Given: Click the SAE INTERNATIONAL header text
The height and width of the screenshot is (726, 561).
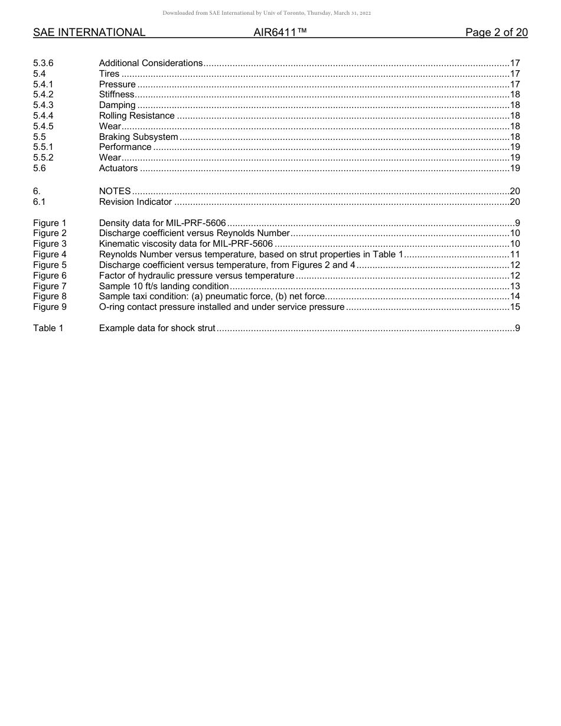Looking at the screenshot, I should click(x=89, y=33).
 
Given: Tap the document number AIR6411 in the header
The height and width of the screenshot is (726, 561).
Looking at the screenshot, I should click(x=280, y=33).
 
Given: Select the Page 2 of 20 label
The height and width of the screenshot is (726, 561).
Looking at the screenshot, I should click(x=496, y=33).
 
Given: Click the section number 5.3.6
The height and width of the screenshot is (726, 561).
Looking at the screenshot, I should click(x=44, y=63).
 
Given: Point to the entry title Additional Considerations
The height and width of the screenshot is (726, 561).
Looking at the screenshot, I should click(x=151, y=63).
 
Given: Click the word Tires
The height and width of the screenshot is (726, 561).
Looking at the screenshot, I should click(x=109, y=74).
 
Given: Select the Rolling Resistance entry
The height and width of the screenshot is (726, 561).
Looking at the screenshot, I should click(x=136, y=116).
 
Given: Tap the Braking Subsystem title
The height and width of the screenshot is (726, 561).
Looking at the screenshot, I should click(x=138, y=137).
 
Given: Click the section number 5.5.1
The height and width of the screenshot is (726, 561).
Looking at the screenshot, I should click(x=43, y=147).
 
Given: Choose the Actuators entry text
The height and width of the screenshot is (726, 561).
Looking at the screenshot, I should click(x=118, y=168).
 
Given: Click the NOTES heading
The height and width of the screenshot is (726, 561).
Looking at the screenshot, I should click(x=115, y=192).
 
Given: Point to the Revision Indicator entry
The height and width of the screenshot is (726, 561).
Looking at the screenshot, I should click(x=135, y=202).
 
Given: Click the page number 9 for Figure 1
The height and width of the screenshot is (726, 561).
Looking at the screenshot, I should click(x=517, y=223).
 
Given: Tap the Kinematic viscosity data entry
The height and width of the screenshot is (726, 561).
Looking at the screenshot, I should click(x=185, y=244).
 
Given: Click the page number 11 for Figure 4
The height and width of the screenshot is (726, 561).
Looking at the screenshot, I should click(x=514, y=254).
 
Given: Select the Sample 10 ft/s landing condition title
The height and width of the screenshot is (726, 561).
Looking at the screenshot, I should click(x=164, y=286).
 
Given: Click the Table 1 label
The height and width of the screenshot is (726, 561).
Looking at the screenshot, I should click(x=48, y=328).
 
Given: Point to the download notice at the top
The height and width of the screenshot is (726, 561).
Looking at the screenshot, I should click(x=266, y=13).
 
